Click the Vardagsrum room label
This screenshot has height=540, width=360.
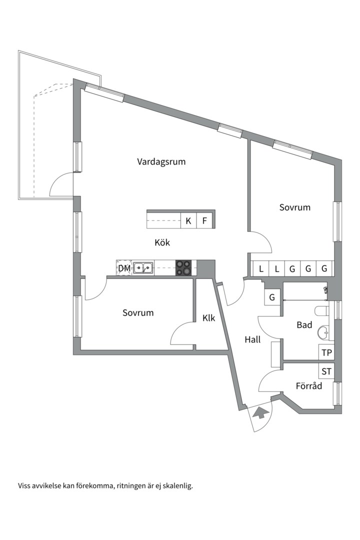pyautogui.click(x=161, y=161)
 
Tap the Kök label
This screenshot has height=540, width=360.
pyautogui.click(x=162, y=243)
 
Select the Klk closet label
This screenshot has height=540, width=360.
pyautogui.click(x=208, y=317)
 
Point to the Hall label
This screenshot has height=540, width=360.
pyautogui.click(x=252, y=339)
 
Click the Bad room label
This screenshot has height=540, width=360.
pyautogui.click(x=304, y=325)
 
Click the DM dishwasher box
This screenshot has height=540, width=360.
pyautogui.click(x=124, y=268)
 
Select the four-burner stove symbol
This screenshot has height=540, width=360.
pyautogui.click(x=183, y=268)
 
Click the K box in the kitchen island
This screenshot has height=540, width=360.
pyautogui.click(x=188, y=220)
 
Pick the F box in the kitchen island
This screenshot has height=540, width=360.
pyautogui.click(x=204, y=220)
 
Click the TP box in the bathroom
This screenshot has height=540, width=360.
pyautogui.click(x=326, y=352)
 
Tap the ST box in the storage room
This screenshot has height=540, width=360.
pyautogui.click(x=326, y=371)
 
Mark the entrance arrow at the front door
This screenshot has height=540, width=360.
pyautogui.click(x=259, y=413)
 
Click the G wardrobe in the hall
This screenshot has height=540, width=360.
pyautogui.click(x=272, y=297)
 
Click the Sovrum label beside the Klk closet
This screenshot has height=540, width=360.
pyautogui.click(x=138, y=313)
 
